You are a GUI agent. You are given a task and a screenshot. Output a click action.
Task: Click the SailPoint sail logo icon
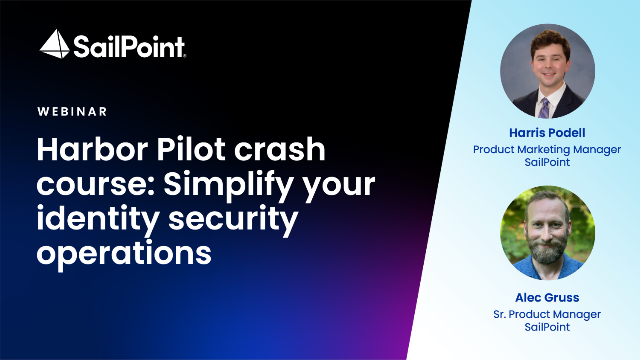tap(55, 44)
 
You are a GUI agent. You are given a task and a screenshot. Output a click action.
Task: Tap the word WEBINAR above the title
tap(72, 112)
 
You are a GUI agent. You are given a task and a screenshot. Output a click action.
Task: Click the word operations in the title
tap(124, 251)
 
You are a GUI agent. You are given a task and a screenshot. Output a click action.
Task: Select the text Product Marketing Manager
tap(547, 150)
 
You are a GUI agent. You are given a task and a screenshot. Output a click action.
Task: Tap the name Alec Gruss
tap(547, 297)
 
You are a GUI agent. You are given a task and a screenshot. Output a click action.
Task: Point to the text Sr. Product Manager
tap(547, 313)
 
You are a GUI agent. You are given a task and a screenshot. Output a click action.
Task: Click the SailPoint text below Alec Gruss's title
tap(547, 327)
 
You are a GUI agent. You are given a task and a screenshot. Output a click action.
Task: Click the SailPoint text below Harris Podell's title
tap(547, 164)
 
